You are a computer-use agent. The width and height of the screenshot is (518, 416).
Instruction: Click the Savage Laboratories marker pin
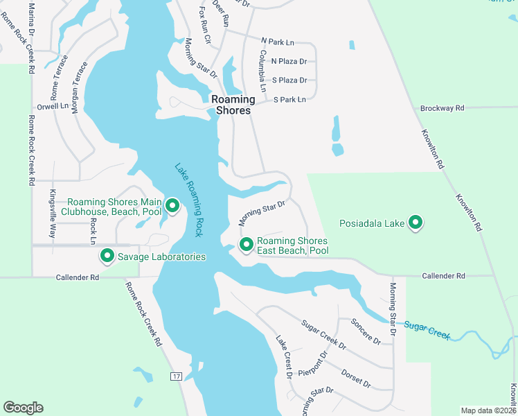click(107, 256)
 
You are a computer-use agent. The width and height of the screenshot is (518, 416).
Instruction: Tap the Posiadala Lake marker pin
click(416, 223)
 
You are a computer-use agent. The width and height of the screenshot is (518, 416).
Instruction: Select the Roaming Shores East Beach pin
click(246, 245)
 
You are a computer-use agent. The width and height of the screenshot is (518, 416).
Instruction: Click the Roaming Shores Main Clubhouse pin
click(172, 206)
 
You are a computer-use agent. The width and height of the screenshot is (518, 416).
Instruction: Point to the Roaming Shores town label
click(233, 105)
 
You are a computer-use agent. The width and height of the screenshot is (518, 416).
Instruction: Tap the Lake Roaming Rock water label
click(188, 200)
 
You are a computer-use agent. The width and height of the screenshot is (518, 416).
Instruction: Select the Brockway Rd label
click(442, 108)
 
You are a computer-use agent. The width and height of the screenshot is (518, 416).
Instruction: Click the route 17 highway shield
click(176, 376)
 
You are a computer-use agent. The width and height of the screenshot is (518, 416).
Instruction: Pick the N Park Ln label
click(278, 42)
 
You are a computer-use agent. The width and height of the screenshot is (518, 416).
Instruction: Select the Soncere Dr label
click(366, 331)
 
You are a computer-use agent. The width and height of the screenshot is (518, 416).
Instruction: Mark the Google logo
click(23, 408)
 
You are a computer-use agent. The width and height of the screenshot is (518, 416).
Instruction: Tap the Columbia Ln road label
click(262, 71)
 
